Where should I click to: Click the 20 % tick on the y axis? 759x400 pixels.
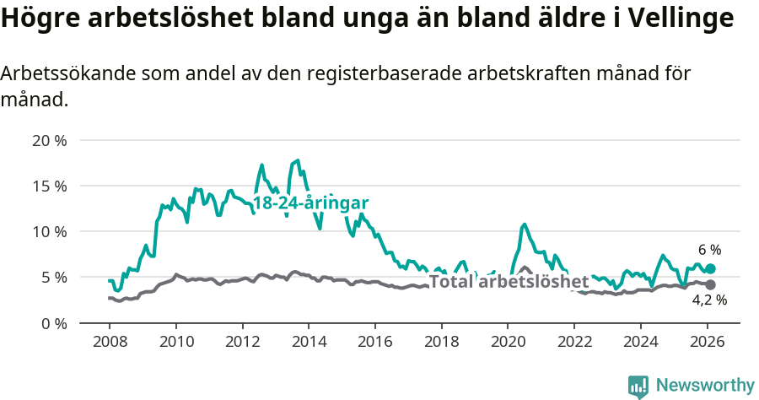point(49,140)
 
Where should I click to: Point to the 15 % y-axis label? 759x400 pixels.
point(49,186)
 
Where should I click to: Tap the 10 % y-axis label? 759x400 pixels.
point(49,231)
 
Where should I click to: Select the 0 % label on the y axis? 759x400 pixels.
point(53,323)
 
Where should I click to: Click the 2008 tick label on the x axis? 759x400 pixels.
point(110,343)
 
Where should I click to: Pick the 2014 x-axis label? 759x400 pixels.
point(308,343)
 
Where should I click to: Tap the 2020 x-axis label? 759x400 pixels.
point(507,343)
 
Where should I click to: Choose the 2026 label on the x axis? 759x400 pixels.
point(706,343)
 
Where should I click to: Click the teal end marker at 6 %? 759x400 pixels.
point(710,268)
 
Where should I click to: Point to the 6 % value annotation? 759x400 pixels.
point(709,250)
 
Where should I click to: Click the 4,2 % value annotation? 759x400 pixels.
point(709,300)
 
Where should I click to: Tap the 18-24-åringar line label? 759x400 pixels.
point(310,203)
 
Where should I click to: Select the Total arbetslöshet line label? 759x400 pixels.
point(509,281)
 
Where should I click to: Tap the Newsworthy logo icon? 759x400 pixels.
point(638,386)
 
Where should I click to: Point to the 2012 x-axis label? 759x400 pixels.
point(242,343)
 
